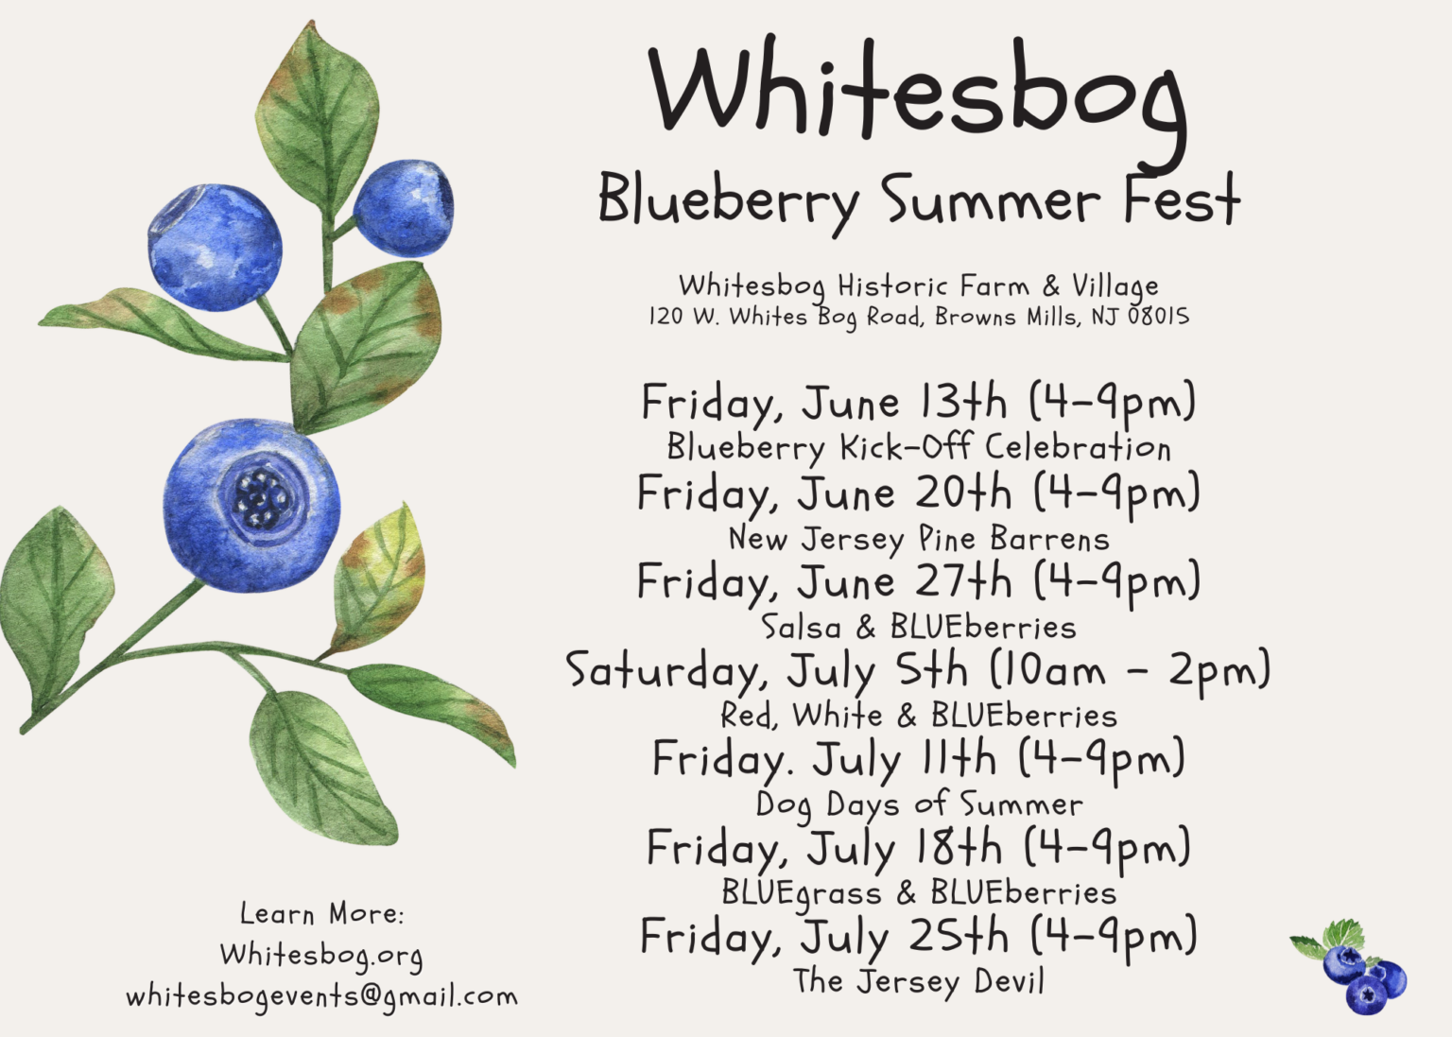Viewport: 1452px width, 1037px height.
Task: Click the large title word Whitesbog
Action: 917,90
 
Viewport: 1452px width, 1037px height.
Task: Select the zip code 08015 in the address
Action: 1158,317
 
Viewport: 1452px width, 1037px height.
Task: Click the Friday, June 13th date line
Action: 917,403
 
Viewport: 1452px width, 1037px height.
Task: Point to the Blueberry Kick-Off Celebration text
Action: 918,447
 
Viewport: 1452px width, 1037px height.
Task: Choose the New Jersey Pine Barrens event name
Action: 918,539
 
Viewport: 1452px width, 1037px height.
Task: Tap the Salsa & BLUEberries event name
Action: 918,628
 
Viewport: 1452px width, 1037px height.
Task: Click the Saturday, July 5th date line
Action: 917,671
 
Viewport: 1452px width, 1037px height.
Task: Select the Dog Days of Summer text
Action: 918,804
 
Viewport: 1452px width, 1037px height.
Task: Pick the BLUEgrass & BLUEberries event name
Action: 918,893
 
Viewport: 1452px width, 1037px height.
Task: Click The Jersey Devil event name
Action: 918,981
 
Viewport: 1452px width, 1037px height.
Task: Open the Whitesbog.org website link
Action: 321,956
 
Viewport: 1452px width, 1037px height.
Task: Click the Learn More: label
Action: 321,913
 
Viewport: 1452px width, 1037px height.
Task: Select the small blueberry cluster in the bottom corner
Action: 1352,969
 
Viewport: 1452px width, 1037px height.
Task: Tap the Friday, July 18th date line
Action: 917,848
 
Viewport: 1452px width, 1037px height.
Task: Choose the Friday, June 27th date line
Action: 917,581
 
